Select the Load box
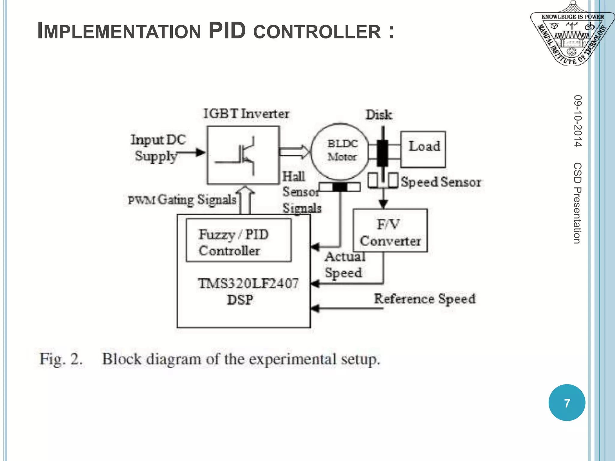[x=423, y=149]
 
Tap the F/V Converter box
[x=390, y=230]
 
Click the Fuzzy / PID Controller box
[x=238, y=240]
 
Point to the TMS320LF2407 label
[x=248, y=283]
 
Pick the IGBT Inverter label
[x=246, y=114]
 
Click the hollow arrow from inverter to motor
[x=294, y=152]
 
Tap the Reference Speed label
[x=424, y=299]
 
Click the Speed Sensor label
[x=441, y=182]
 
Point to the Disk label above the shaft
[x=378, y=115]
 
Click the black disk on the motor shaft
[x=382, y=153]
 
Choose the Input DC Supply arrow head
[x=200, y=152]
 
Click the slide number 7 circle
[x=566, y=402]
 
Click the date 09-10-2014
[x=577, y=121]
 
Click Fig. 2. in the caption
[x=61, y=359]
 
